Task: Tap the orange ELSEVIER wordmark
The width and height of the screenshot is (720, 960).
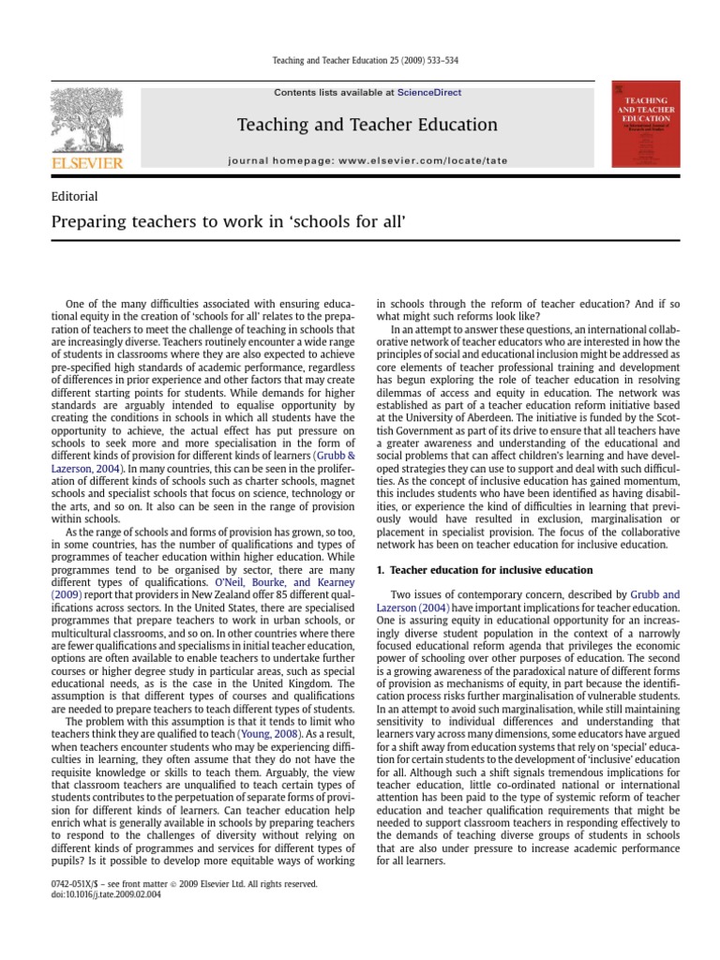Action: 87,164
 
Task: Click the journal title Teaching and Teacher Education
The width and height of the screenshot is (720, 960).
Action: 367,125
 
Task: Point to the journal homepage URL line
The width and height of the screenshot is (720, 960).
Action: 367,160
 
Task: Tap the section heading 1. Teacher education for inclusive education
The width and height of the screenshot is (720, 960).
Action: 484,569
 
